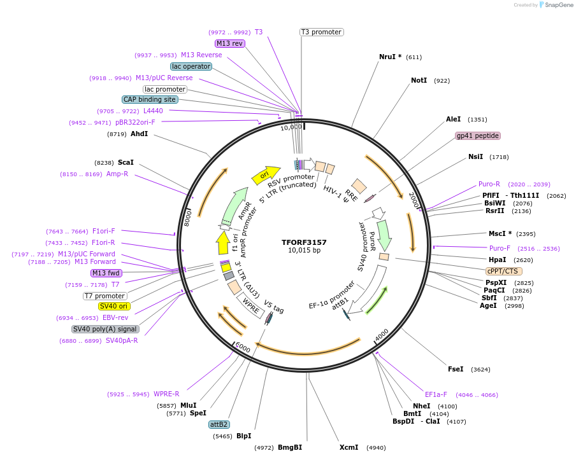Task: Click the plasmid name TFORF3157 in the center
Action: coord(304,242)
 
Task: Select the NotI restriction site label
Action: coord(419,81)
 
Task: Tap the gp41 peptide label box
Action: coord(478,135)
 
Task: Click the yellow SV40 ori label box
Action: coord(114,306)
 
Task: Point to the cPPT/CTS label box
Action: coord(503,270)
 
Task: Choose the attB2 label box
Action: coord(219,424)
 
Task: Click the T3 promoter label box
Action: coord(322,32)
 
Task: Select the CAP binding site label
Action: coord(150,99)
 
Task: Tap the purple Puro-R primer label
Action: coord(489,184)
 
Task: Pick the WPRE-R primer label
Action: coord(166,394)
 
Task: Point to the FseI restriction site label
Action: coord(456,370)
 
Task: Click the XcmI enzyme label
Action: coord(349,447)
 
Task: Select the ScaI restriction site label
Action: coord(126,162)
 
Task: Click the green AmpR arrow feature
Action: coord(234,205)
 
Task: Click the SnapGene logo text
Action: coord(556,5)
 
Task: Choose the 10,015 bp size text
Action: coord(304,251)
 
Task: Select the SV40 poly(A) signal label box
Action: coord(105,329)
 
